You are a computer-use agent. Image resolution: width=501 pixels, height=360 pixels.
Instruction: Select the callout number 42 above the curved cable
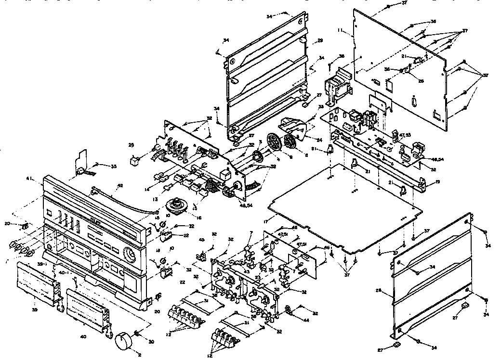point(120,185)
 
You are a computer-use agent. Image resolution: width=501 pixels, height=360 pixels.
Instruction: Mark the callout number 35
point(114,167)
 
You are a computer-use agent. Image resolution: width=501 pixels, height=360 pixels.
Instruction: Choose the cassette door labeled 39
point(39,284)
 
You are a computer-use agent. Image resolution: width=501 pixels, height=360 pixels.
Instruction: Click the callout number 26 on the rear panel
point(421,81)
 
